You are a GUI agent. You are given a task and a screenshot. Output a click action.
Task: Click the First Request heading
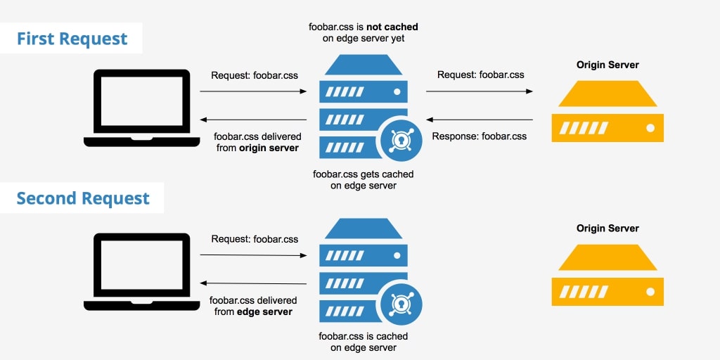tap(72, 38)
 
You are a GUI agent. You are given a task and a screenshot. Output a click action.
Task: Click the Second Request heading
tap(83, 198)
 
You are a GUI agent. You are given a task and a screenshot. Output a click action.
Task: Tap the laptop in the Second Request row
tap(136, 271)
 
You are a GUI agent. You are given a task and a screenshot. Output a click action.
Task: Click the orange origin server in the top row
tap(607, 112)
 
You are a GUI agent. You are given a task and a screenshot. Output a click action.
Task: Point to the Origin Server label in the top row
tap(607, 65)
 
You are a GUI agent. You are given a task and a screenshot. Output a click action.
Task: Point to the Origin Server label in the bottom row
tap(607, 229)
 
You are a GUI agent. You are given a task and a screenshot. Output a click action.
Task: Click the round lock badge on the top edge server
tap(399, 138)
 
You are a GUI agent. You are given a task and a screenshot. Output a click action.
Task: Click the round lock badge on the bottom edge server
tap(399, 302)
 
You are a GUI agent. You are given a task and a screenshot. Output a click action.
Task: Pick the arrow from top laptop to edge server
tap(254, 91)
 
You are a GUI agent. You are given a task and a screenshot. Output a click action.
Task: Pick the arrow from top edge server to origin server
tap(479, 91)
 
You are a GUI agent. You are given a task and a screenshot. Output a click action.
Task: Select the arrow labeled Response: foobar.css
tap(479, 120)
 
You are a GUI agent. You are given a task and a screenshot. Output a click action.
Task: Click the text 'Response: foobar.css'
tap(479, 136)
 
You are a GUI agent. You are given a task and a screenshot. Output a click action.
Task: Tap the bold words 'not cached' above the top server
tap(392, 27)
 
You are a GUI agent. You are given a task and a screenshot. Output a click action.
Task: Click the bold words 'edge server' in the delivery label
tap(264, 311)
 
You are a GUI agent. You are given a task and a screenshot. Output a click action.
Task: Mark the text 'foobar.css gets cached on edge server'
tap(363, 180)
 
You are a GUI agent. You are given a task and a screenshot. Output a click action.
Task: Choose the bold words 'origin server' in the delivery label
tap(269, 148)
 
